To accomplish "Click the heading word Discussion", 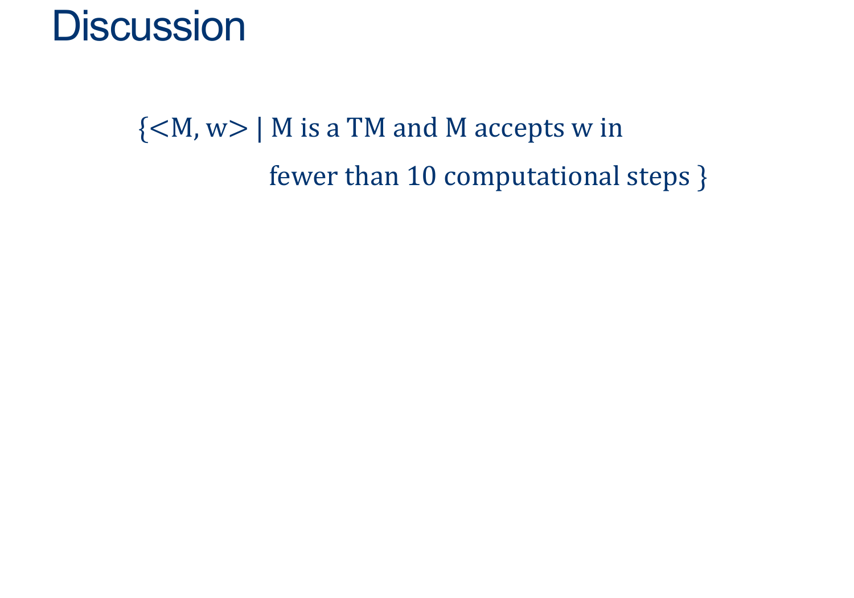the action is pos(149,26).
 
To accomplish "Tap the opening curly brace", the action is pos(143,129).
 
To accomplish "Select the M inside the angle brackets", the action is pos(182,128).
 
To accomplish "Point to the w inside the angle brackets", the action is pos(217,130).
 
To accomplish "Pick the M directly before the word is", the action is pos(282,128).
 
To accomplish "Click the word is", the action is pos(310,128).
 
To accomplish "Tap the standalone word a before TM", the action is pos(333,130).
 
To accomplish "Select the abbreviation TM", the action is pos(366,128).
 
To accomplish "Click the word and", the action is pos(415,128).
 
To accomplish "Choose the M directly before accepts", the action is pos(456,128).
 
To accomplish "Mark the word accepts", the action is pos(519,130).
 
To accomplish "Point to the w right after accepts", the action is pos(582,130).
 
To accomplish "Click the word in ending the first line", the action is pos(611,128).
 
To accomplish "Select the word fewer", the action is pos(303,176).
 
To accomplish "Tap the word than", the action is pos(372,176).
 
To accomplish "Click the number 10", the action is pos(422,177).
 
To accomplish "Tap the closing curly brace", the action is pos(702,178).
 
